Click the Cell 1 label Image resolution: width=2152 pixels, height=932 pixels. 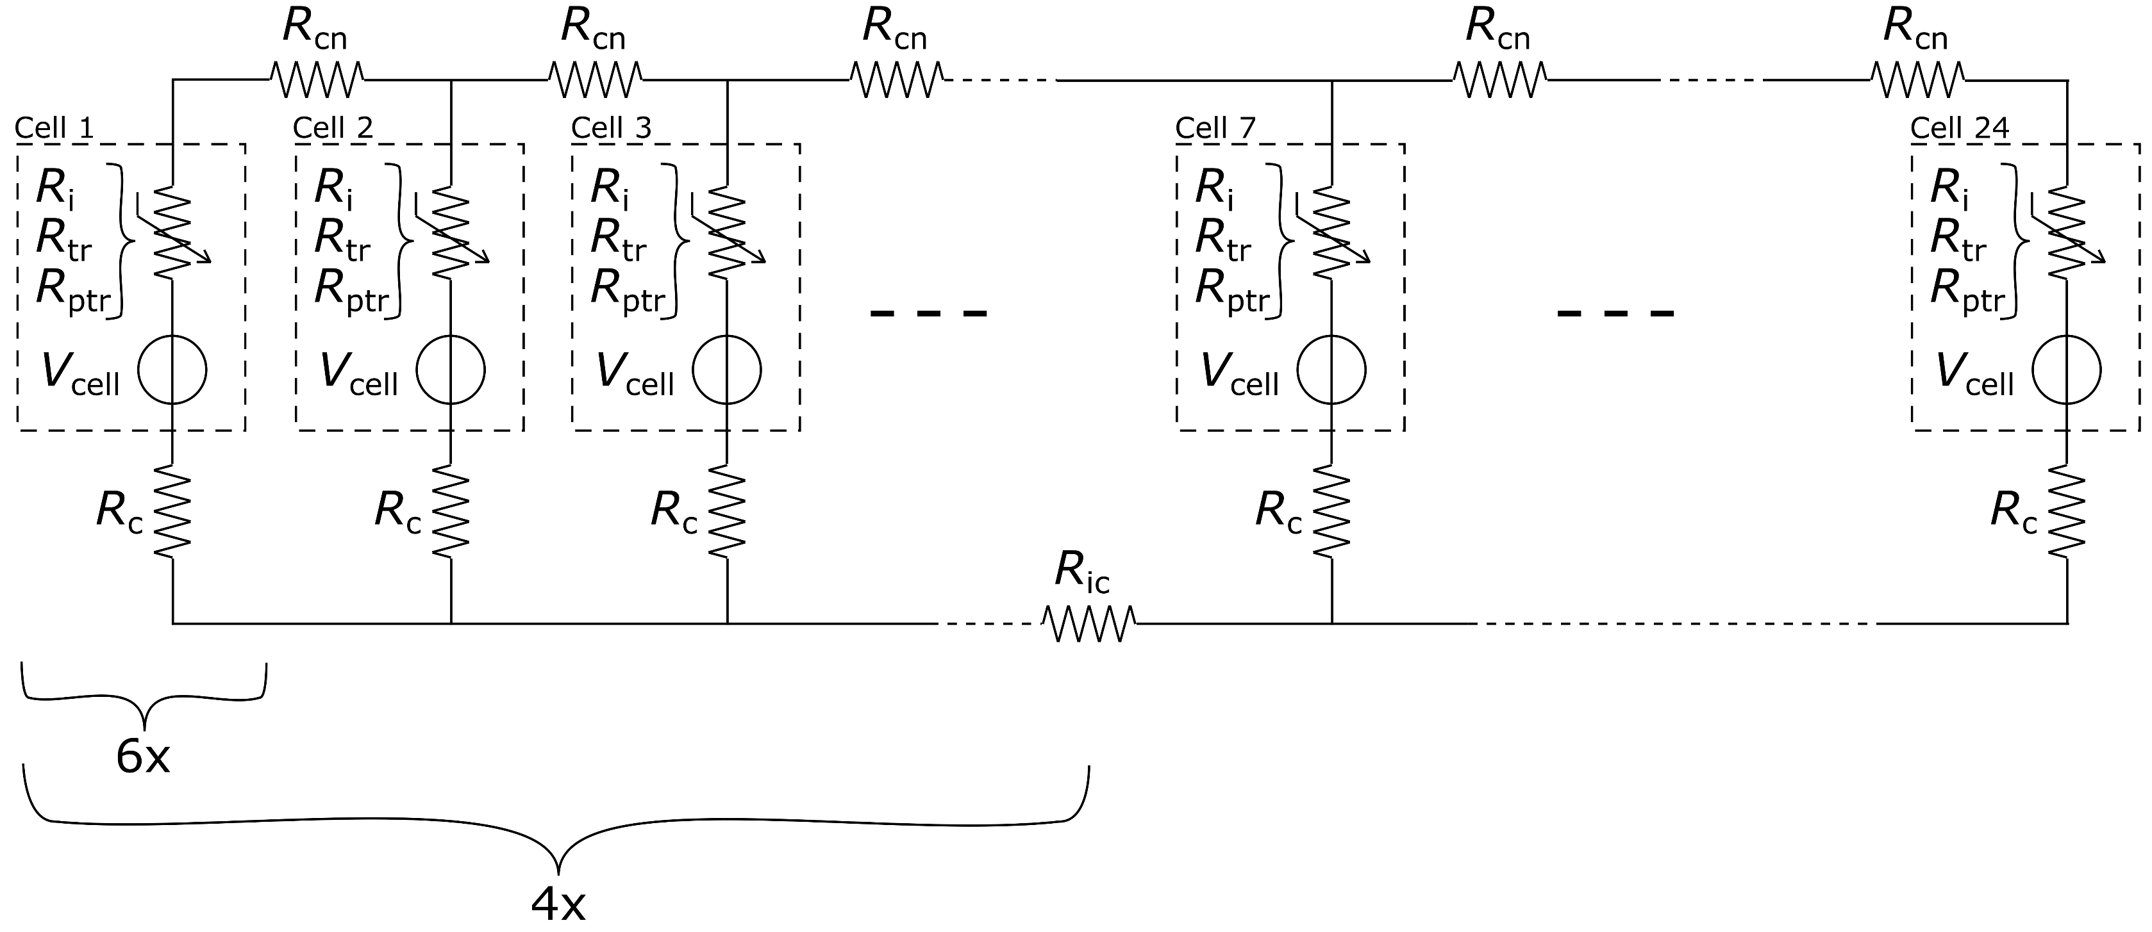pos(54,127)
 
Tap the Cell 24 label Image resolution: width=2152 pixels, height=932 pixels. pos(1959,127)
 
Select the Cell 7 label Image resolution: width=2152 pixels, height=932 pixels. pos(1215,127)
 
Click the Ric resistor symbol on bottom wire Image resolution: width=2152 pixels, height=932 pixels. pos(1089,623)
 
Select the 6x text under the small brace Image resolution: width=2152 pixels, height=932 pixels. pos(143,756)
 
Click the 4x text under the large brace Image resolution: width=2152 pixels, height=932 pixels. pos(558,903)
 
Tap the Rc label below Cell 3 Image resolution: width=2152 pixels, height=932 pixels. pos(673,511)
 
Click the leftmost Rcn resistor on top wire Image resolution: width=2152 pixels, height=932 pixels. pos(317,80)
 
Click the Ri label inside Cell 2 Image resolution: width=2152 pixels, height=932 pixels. pos(333,188)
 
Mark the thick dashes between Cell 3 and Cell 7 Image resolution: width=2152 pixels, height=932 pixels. pos(928,314)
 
